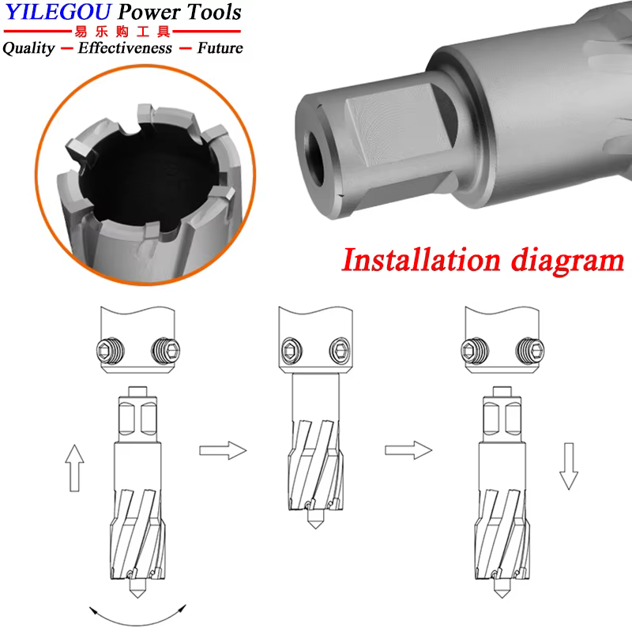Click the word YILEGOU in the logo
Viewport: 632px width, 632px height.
click(58, 12)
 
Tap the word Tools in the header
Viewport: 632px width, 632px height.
click(213, 12)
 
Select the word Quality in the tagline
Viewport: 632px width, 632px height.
click(28, 48)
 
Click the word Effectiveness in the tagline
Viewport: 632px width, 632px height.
click(125, 47)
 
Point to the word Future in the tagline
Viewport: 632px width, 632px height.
click(220, 47)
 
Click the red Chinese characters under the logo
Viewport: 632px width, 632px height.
click(122, 31)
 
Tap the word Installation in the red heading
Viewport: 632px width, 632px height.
click(421, 260)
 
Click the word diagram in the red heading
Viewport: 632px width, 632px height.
click(567, 262)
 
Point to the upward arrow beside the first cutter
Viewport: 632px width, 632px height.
click(74, 468)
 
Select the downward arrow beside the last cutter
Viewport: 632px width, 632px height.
click(569, 466)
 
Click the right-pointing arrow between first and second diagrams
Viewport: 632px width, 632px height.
click(223, 450)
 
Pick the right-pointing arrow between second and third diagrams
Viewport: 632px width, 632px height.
click(408, 450)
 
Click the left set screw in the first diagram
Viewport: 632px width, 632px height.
click(111, 351)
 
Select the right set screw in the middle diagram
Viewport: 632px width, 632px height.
click(340, 351)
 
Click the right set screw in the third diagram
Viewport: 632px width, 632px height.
click(530, 350)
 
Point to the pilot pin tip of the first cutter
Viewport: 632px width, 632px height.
click(137, 598)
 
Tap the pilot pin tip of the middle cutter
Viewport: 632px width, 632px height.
click(315, 528)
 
